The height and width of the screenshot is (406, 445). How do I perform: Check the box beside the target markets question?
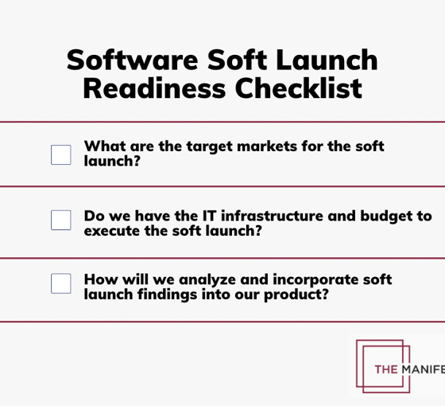coord(61,154)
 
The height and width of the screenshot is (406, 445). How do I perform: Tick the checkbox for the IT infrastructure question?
coord(61,220)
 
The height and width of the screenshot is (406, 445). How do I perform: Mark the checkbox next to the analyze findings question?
coord(61,283)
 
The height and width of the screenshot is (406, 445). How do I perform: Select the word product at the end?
coord(300,295)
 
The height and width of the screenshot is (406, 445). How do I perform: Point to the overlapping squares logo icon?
coord(382,365)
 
